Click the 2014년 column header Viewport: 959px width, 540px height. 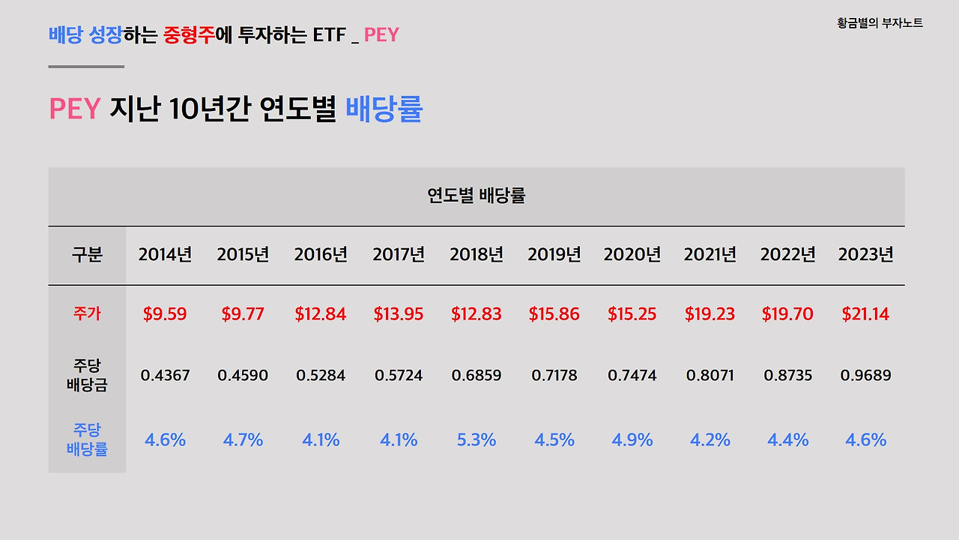coord(165,255)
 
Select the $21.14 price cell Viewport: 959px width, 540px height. coord(865,314)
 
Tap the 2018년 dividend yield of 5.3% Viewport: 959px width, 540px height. coord(477,440)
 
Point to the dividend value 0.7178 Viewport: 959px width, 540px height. coord(554,375)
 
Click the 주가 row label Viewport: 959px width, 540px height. coord(87,314)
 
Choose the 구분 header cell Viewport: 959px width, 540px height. coord(87,255)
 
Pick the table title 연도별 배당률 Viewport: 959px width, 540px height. coord(477,196)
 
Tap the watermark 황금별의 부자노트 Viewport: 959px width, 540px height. coord(880,23)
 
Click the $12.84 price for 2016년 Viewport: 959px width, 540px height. coord(321,314)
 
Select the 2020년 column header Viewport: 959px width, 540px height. coord(632,255)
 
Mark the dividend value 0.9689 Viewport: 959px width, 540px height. coord(865,375)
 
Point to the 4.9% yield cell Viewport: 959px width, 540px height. coord(632,440)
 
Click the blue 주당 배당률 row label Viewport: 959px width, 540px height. coord(87,440)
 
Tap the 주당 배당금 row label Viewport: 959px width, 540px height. coord(87,376)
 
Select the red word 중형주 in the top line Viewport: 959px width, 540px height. coord(188,34)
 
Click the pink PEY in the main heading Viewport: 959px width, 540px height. coord(74,109)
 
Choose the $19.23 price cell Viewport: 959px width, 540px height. coord(710,314)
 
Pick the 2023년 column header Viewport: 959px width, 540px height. coord(865,255)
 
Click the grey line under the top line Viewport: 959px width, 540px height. coord(86,67)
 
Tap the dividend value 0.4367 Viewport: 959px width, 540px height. coord(165,375)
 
